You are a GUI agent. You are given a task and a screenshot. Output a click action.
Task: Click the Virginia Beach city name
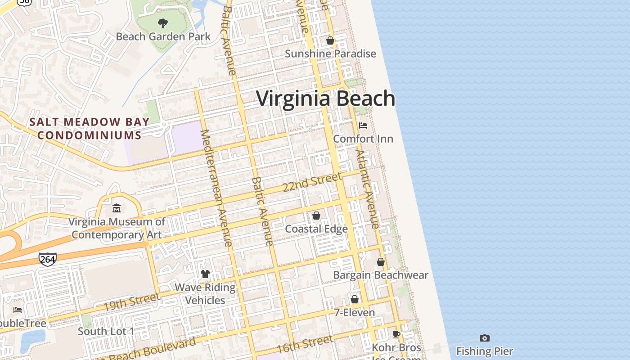326,99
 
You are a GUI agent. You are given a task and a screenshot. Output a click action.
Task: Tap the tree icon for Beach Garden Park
163,23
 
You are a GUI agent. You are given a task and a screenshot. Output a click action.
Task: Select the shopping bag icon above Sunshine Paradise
330,40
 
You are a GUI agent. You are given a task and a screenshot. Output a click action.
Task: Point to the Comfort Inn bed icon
363,125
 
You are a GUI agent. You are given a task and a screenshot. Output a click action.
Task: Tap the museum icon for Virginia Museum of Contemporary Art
117,208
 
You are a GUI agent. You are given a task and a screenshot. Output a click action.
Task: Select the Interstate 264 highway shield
47,259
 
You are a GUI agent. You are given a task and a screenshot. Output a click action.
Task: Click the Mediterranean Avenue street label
216,188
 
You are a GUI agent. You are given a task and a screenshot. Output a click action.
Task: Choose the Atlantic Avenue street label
368,189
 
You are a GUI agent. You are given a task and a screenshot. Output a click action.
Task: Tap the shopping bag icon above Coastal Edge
316,216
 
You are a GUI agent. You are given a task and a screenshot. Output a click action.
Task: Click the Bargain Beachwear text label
381,275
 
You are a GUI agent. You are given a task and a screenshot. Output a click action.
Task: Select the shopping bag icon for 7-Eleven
355,299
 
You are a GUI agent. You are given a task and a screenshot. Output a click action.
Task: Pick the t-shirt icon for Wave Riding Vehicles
205,274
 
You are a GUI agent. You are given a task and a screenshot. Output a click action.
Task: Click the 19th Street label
131,302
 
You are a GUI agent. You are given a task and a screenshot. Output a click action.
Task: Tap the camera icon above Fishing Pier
485,338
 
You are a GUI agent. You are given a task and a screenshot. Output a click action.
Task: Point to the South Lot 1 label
106,332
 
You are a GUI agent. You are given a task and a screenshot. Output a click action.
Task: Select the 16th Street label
305,344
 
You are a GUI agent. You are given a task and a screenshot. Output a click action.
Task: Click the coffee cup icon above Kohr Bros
396,334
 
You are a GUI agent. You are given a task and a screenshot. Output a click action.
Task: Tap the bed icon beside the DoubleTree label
18,310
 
